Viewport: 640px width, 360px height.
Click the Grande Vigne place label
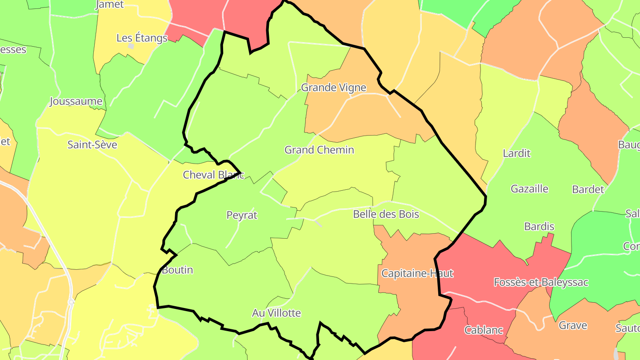tap(333, 88)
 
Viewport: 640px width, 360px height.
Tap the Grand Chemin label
tap(319, 150)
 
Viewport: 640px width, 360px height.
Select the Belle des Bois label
tap(386, 214)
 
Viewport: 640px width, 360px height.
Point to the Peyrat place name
tap(242, 215)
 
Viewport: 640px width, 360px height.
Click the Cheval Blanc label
tap(213, 175)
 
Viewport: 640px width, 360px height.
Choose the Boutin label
tap(177, 270)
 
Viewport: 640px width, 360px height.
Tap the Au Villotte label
tap(276, 313)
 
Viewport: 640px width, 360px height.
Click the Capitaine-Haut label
tap(417, 273)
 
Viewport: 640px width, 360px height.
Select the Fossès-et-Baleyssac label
tap(541, 282)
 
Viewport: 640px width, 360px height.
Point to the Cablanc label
tap(484, 330)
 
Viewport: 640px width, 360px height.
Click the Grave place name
tap(573, 325)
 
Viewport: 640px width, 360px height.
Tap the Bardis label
tap(539, 227)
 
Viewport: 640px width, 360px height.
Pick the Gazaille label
tap(529, 189)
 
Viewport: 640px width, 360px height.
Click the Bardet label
tap(588, 189)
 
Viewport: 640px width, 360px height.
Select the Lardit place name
tap(516, 153)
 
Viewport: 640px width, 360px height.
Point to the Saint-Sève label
tap(92, 144)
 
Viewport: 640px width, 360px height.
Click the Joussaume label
tap(76, 101)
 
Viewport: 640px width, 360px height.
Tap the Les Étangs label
tap(142, 38)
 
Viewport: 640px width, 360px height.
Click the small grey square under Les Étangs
tap(131, 46)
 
